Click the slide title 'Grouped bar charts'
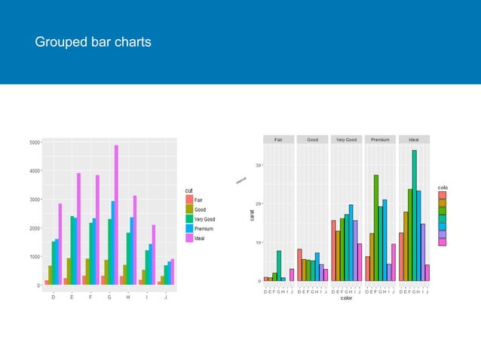click(x=93, y=42)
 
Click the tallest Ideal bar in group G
click(x=116, y=215)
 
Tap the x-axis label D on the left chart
click(x=53, y=297)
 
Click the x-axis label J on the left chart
click(x=166, y=297)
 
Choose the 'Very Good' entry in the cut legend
click(x=204, y=218)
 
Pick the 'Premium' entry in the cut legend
click(x=202, y=228)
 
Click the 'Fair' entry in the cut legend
click(x=198, y=199)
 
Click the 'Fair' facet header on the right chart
click(x=279, y=139)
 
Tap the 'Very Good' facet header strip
click(x=346, y=139)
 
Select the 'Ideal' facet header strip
click(x=414, y=139)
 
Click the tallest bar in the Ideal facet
click(x=414, y=215)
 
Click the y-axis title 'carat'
click(x=255, y=215)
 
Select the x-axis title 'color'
click(x=346, y=298)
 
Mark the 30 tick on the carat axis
click(x=258, y=165)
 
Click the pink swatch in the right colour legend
click(x=442, y=242)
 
